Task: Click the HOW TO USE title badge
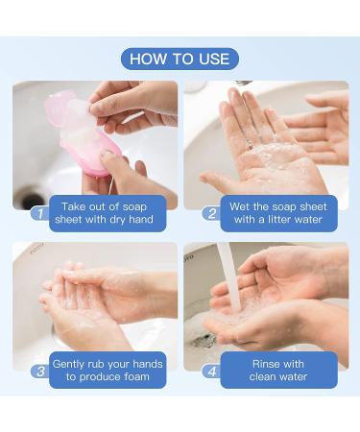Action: [x=180, y=59]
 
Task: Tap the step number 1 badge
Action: [x=39, y=213]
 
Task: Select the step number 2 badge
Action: [x=211, y=213]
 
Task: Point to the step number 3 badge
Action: [x=39, y=371]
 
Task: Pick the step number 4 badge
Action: [x=211, y=371]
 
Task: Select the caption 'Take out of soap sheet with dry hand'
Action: [x=107, y=213]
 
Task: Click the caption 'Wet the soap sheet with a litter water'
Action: [x=278, y=213]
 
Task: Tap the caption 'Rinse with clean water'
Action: [x=278, y=371]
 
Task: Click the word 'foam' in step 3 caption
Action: [x=144, y=377]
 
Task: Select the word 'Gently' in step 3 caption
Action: [x=74, y=364]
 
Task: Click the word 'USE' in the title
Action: [x=212, y=59]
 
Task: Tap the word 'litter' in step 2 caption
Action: [x=277, y=220]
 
